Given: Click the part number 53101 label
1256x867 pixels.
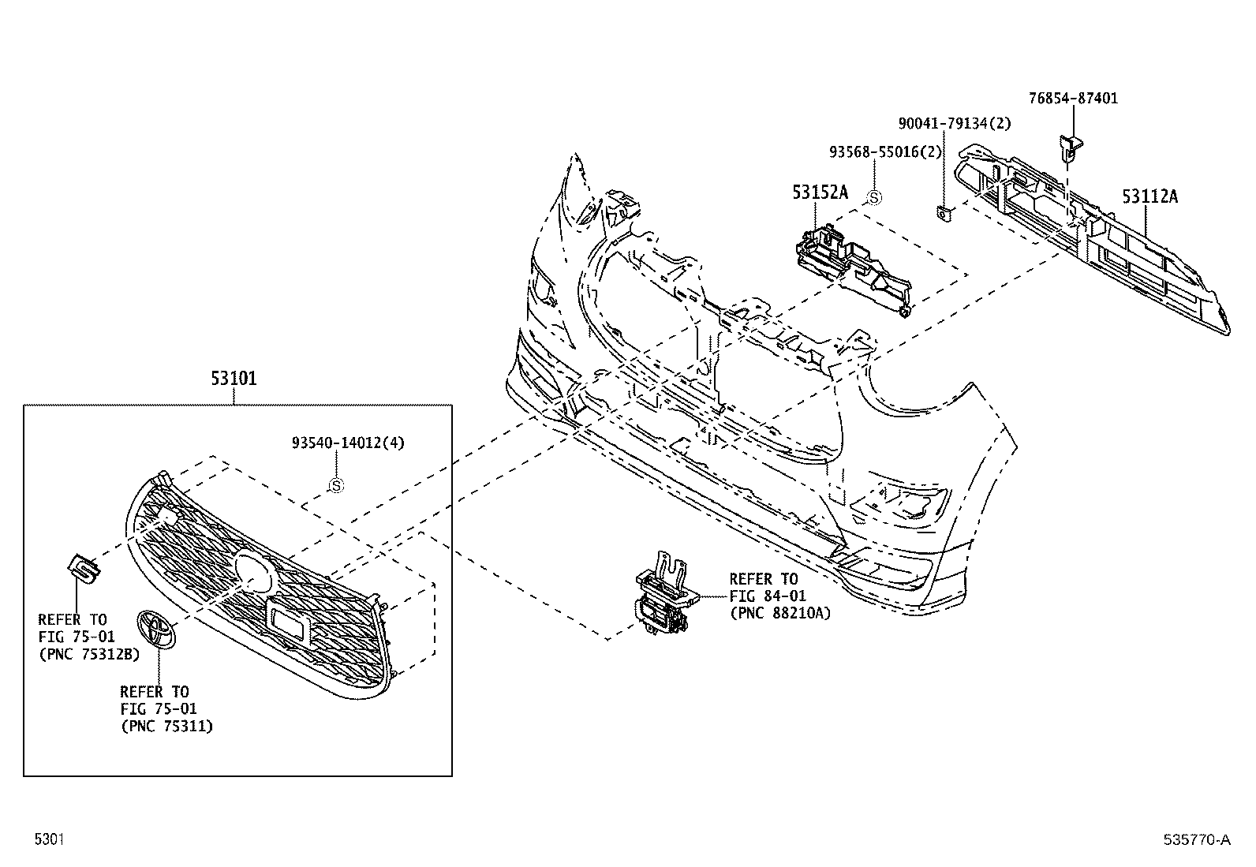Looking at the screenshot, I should pyautogui.click(x=234, y=379).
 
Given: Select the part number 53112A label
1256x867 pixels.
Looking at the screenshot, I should pyautogui.click(x=1149, y=196).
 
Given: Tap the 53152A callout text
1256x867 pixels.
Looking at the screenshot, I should pyautogui.click(x=820, y=192).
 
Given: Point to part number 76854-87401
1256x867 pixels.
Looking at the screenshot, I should pyautogui.click(x=1073, y=99).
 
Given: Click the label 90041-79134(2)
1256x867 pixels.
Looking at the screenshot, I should pyautogui.click(x=943, y=124).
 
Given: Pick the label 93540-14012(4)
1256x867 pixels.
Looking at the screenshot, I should pyautogui.click(x=348, y=443).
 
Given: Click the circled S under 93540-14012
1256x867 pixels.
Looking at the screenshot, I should pyautogui.click(x=336, y=486).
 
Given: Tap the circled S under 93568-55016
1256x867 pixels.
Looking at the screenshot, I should pyautogui.click(x=873, y=198).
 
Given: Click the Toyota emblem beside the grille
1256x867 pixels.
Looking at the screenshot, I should pyautogui.click(x=157, y=629).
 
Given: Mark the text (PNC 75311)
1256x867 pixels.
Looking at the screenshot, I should pyautogui.click(x=166, y=727).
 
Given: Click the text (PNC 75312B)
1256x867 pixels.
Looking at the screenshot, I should pyautogui.click(x=88, y=654).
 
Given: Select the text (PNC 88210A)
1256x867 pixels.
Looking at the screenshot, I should pyautogui.click(x=780, y=613).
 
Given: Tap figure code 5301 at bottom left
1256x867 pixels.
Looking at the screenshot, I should pyautogui.click(x=49, y=840).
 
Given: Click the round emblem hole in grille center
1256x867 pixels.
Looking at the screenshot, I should pyautogui.click(x=254, y=570).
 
